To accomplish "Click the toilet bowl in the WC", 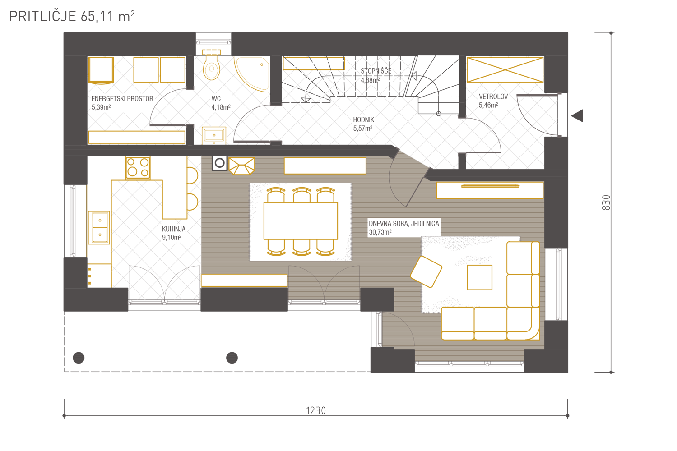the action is (x=211, y=67).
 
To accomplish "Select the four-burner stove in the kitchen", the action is (x=138, y=168).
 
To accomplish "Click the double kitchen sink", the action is (x=99, y=227).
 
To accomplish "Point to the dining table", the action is (x=301, y=221).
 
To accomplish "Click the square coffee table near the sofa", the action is (x=479, y=277).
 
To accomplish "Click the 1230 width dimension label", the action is (x=316, y=411).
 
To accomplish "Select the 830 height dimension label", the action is (x=606, y=202).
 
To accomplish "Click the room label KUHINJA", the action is (x=174, y=229).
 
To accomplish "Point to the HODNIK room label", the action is (x=364, y=120).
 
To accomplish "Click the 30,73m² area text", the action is (x=380, y=232).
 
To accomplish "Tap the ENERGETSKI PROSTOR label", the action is (x=122, y=98).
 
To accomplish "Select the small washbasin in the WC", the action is (x=214, y=135).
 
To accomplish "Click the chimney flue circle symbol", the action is (x=220, y=163).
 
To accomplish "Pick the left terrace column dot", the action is (x=79, y=358).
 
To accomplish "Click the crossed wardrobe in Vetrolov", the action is (x=505, y=70).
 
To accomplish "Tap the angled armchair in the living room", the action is (x=426, y=272).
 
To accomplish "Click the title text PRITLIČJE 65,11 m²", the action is (x=72, y=16).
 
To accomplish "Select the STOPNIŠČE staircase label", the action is (x=376, y=71).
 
